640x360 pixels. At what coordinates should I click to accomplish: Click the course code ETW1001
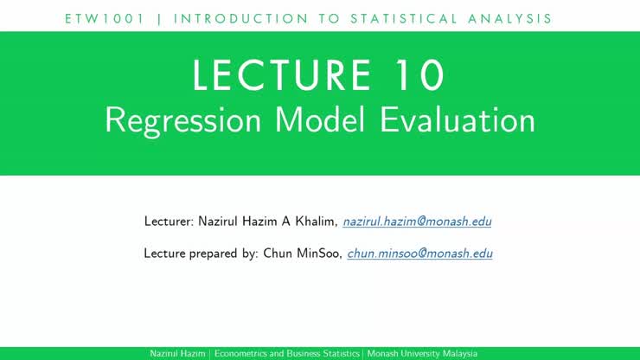click(106, 18)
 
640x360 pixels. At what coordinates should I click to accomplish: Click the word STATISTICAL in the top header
click(406, 18)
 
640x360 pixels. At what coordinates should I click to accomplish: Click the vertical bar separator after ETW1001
click(159, 18)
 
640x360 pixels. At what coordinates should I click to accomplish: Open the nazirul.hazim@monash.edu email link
click(417, 222)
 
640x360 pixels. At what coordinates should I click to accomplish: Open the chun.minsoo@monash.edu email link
click(419, 254)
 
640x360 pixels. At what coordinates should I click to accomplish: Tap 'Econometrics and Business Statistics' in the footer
click(287, 354)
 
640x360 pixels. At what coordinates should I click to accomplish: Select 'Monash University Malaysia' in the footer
click(421, 354)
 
